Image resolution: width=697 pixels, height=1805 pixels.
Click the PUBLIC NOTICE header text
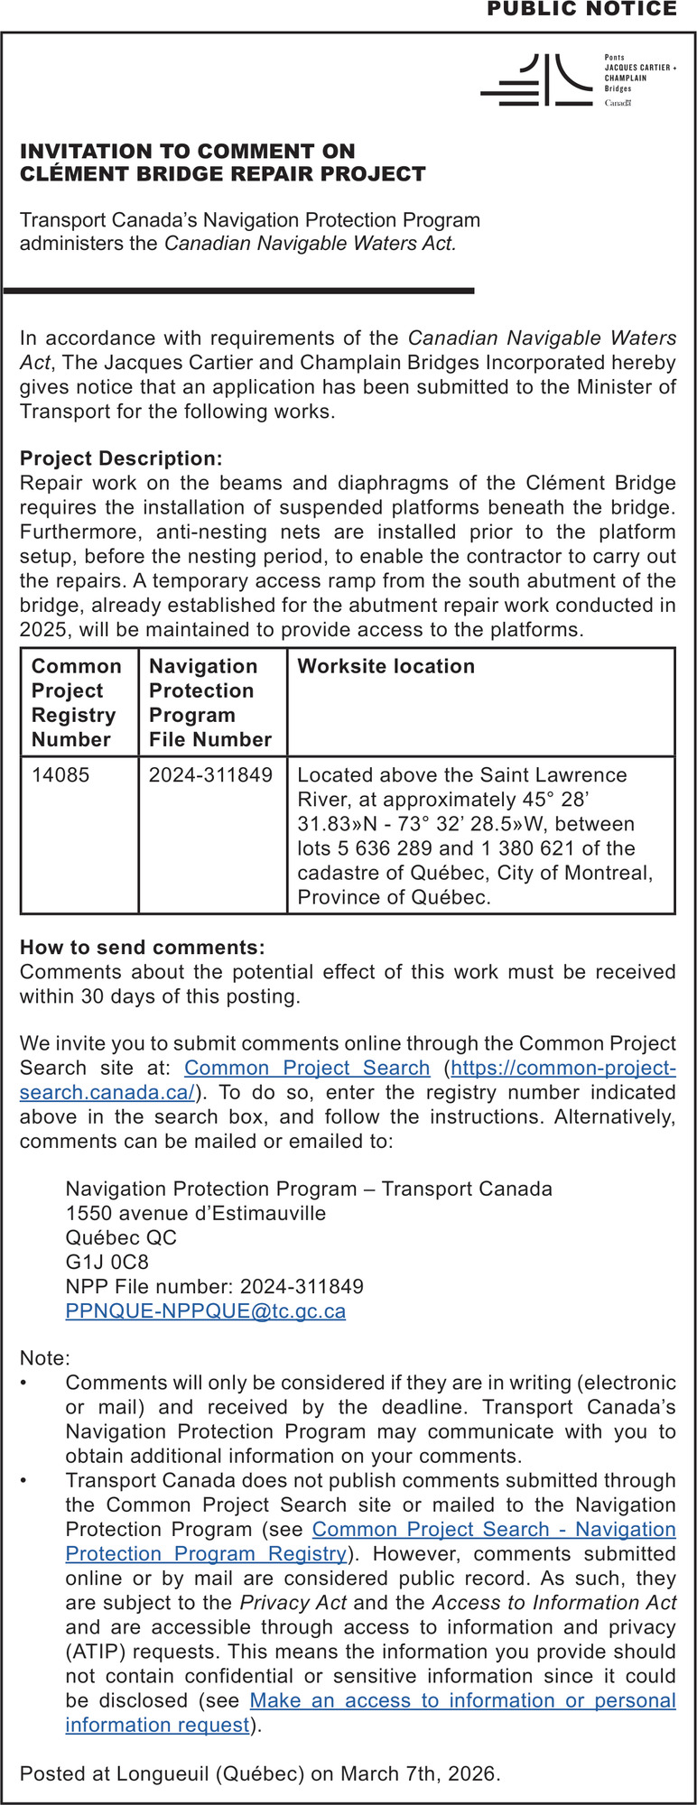(x=581, y=10)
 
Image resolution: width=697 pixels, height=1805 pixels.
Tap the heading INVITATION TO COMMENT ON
(x=188, y=151)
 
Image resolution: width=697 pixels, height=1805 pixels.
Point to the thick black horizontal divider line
(x=239, y=291)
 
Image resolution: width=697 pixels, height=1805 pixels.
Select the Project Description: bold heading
(x=121, y=458)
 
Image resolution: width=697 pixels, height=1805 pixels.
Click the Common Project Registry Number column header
(x=77, y=702)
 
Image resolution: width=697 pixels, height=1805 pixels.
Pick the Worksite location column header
(x=386, y=666)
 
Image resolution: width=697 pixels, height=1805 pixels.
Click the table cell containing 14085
(x=60, y=774)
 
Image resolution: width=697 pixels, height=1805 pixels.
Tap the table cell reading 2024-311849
(x=210, y=774)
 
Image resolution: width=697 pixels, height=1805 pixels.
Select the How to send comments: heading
(x=143, y=947)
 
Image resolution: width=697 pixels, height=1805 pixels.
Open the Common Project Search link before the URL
(x=307, y=1068)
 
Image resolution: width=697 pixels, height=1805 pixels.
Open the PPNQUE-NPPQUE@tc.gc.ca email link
(x=205, y=1310)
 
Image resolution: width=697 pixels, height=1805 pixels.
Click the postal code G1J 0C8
(x=107, y=1262)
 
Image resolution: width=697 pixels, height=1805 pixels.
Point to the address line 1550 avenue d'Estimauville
(x=196, y=1213)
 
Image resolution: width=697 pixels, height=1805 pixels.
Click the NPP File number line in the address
(x=214, y=1286)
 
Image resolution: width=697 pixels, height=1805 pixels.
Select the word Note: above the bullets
(x=44, y=1357)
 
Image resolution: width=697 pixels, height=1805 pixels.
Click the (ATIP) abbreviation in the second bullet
(x=96, y=1652)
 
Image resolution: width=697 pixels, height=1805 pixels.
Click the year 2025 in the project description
(x=43, y=629)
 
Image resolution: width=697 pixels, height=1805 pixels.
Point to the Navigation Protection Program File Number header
(x=210, y=702)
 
